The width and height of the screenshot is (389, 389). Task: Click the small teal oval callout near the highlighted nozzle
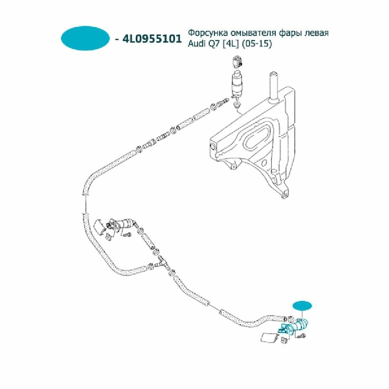click(303, 306)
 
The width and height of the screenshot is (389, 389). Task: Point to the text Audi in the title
click(196, 44)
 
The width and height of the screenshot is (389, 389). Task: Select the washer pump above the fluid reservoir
click(237, 85)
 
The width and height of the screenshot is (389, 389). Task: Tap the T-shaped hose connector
click(163, 263)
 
